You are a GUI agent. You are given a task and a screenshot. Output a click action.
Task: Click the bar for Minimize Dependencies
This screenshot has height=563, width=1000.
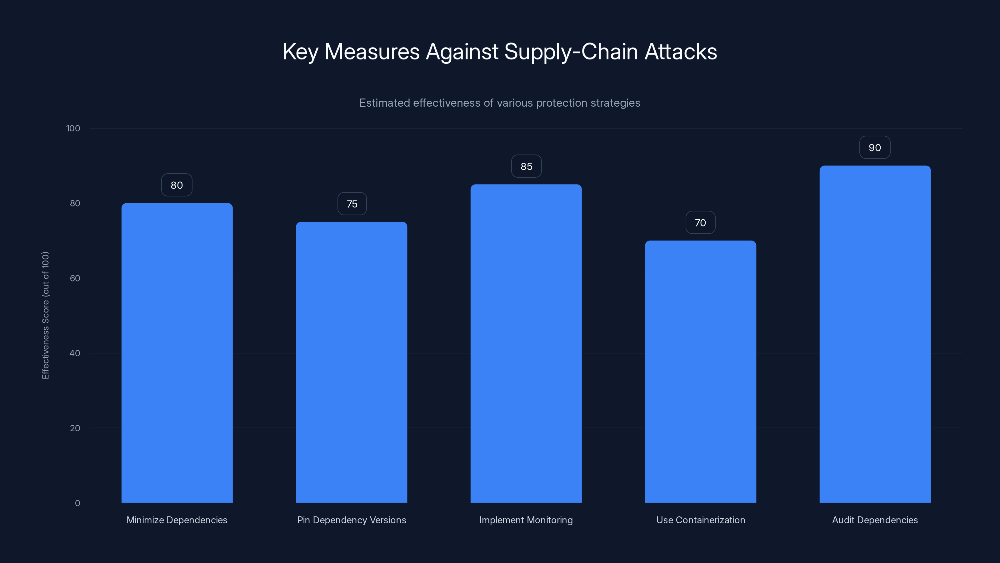(x=177, y=353)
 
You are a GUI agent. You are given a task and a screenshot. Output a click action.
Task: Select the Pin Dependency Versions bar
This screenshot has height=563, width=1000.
(x=351, y=362)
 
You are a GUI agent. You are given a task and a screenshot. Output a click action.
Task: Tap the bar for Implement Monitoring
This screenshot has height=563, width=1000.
(x=526, y=343)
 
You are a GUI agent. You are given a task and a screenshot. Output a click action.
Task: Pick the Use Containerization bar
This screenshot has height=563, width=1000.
(x=700, y=372)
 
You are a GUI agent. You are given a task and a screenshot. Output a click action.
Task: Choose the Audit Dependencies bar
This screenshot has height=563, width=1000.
(x=875, y=334)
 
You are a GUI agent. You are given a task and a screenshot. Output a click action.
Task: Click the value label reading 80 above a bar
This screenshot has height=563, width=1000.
(x=177, y=185)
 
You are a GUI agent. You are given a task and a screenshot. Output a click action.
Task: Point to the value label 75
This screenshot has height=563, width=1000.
(x=352, y=204)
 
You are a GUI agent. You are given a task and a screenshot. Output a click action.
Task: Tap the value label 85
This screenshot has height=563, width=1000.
(x=526, y=166)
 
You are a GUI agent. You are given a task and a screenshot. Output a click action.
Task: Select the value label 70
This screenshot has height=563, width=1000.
(x=700, y=223)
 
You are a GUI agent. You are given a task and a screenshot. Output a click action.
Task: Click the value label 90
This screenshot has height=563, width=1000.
(x=875, y=148)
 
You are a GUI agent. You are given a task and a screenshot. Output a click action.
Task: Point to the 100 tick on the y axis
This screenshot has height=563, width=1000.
(x=73, y=128)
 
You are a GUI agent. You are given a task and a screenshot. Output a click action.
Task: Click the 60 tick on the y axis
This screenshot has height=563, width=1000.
(x=75, y=278)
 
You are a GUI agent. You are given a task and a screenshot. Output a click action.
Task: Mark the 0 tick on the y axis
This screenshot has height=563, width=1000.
(x=77, y=503)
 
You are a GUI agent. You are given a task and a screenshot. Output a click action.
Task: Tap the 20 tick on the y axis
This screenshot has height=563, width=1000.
(x=75, y=428)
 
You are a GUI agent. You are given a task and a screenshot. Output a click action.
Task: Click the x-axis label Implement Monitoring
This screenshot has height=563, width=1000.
(x=526, y=520)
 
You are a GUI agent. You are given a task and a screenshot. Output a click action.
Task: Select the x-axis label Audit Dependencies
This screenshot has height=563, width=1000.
(x=875, y=520)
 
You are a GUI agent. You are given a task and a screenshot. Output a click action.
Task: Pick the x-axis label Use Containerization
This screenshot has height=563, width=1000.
(x=700, y=520)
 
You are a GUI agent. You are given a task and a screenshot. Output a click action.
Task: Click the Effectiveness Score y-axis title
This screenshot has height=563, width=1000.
(x=45, y=315)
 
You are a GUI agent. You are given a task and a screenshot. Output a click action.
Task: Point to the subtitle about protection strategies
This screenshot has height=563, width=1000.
(x=500, y=103)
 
